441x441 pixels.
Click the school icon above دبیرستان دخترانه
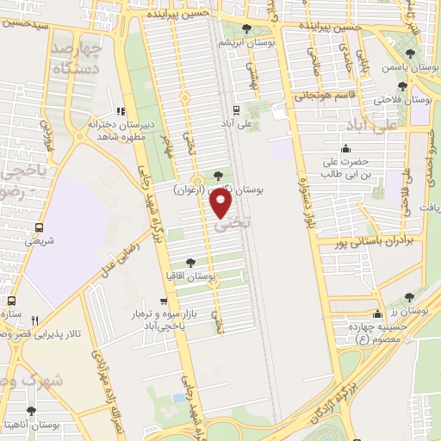pos(121,110)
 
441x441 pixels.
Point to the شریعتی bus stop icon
pos(39,228)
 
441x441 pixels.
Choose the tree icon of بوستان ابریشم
pos(247,28)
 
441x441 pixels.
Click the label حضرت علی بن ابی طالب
pos(345,167)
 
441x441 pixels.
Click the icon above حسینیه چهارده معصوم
pos(376,314)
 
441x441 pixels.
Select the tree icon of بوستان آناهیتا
pos(31,412)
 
